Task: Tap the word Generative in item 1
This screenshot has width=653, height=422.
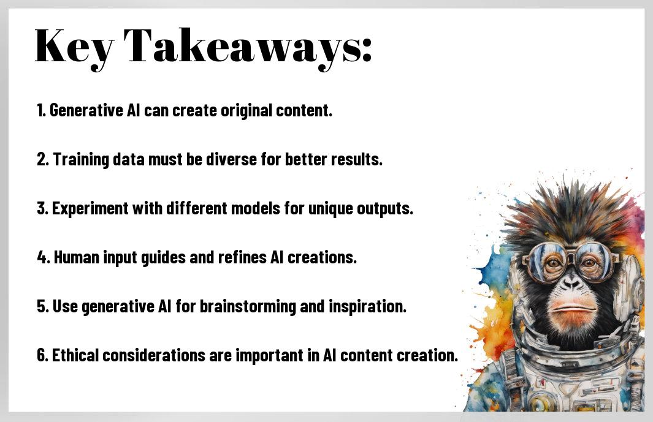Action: click(86, 111)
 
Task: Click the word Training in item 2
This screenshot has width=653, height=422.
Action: click(81, 159)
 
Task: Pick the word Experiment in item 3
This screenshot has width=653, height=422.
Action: click(90, 208)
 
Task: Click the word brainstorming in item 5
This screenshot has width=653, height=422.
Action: click(248, 306)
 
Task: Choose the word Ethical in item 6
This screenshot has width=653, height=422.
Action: click(75, 355)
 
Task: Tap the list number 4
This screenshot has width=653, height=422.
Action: click(44, 257)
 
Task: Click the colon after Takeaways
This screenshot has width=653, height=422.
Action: click(365, 51)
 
